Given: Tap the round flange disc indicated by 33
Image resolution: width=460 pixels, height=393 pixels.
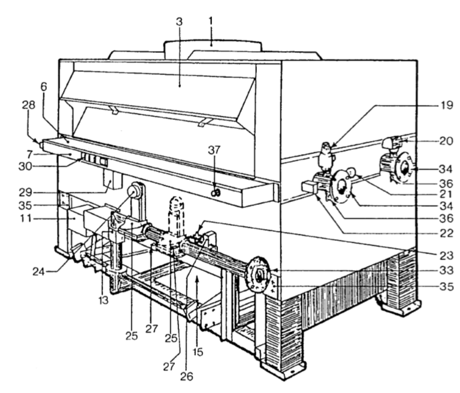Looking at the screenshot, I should click(x=258, y=276).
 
